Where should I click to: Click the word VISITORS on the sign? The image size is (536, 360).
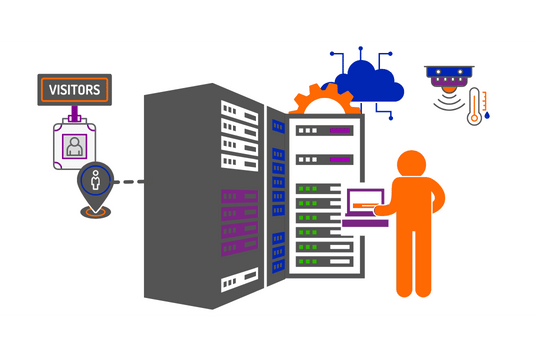pyautogui.click(x=74, y=90)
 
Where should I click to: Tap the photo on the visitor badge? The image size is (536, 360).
pyautogui.click(x=74, y=146)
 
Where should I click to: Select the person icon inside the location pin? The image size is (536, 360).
pyautogui.click(x=96, y=183)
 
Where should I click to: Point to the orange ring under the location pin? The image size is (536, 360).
pyautogui.click(x=96, y=212)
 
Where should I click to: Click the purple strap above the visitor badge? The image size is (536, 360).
pyautogui.click(x=74, y=113)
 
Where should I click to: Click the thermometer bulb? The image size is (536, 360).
pyautogui.click(x=475, y=118)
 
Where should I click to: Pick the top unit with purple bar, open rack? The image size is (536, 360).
pyautogui.click(x=324, y=130)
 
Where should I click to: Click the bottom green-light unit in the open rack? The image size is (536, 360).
pyautogui.click(x=320, y=261)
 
